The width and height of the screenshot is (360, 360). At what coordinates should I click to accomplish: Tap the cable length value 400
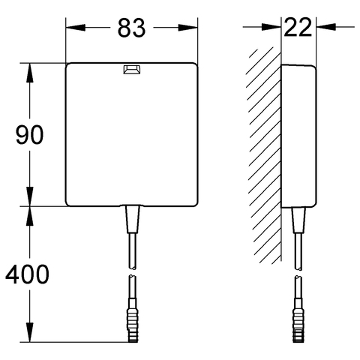[x=26, y=274]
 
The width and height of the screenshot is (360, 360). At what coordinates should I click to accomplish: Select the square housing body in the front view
[x=131, y=135]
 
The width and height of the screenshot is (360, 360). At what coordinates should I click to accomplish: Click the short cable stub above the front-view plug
[x=132, y=289]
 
